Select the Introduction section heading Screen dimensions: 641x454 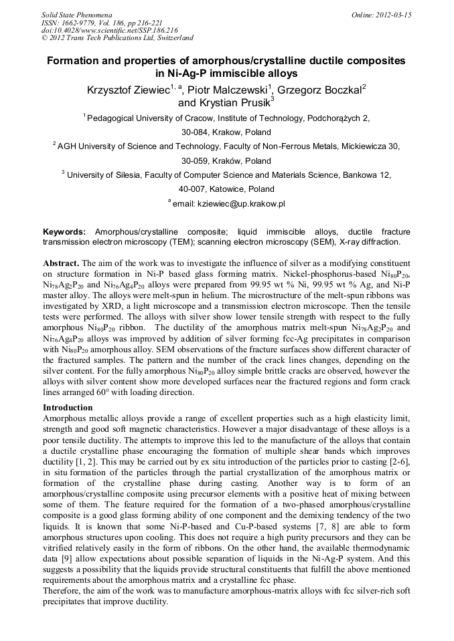[68, 407]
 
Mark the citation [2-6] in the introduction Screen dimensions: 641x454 [395, 463]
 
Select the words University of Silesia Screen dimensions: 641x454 [100, 175]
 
